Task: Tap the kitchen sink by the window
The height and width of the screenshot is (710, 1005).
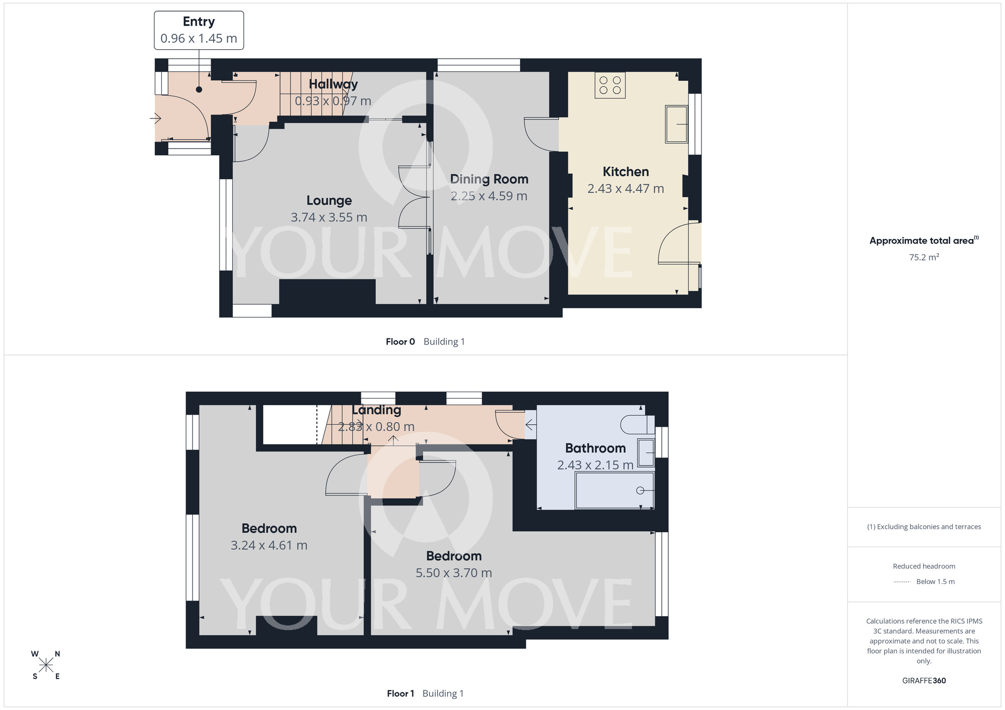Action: (x=676, y=124)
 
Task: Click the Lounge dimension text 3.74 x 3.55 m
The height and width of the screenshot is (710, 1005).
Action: (x=329, y=217)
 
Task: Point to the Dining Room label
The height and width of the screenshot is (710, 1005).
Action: (x=489, y=179)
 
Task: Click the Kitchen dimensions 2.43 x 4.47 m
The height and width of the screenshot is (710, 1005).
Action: (x=626, y=189)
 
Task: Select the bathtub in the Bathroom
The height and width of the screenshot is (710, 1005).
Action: (x=614, y=490)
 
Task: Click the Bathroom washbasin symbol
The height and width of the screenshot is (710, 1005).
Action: (x=646, y=453)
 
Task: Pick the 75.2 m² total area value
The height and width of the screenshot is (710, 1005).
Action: (x=924, y=257)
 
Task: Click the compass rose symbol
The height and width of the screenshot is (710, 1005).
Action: (x=46, y=665)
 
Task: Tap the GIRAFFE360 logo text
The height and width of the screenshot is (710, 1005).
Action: (x=924, y=681)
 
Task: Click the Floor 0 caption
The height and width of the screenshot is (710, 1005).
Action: (x=400, y=342)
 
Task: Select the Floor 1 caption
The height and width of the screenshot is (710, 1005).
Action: (x=400, y=693)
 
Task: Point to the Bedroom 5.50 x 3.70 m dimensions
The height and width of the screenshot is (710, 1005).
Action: (x=453, y=573)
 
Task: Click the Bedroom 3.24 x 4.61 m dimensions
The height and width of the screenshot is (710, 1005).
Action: (x=269, y=545)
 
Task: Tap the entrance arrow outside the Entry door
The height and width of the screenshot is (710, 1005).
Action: (x=155, y=119)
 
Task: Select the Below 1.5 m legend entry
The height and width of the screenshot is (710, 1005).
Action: (x=935, y=581)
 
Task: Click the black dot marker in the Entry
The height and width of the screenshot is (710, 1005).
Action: (x=199, y=89)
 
